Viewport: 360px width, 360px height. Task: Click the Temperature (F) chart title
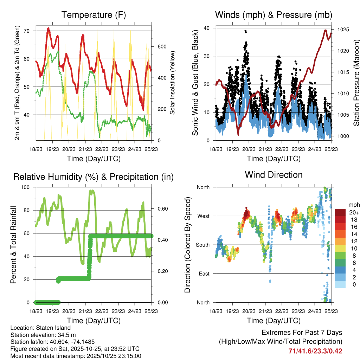coord(94,15)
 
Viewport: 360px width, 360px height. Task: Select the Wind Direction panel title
coord(274,175)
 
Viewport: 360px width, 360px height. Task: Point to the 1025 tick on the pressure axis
coord(342,30)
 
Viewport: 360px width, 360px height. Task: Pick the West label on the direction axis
coord(203,216)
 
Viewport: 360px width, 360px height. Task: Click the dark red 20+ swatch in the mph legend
coord(340,212)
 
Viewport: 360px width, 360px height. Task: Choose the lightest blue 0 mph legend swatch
coord(340,284)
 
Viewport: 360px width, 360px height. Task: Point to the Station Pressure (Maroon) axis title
coord(356,83)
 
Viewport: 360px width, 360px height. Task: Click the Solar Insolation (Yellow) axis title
coord(173,83)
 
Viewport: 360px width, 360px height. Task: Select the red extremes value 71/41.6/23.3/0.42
coord(315,351)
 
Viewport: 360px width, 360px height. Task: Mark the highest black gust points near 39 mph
coord(245,31)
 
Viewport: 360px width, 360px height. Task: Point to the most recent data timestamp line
coord(76,356)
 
